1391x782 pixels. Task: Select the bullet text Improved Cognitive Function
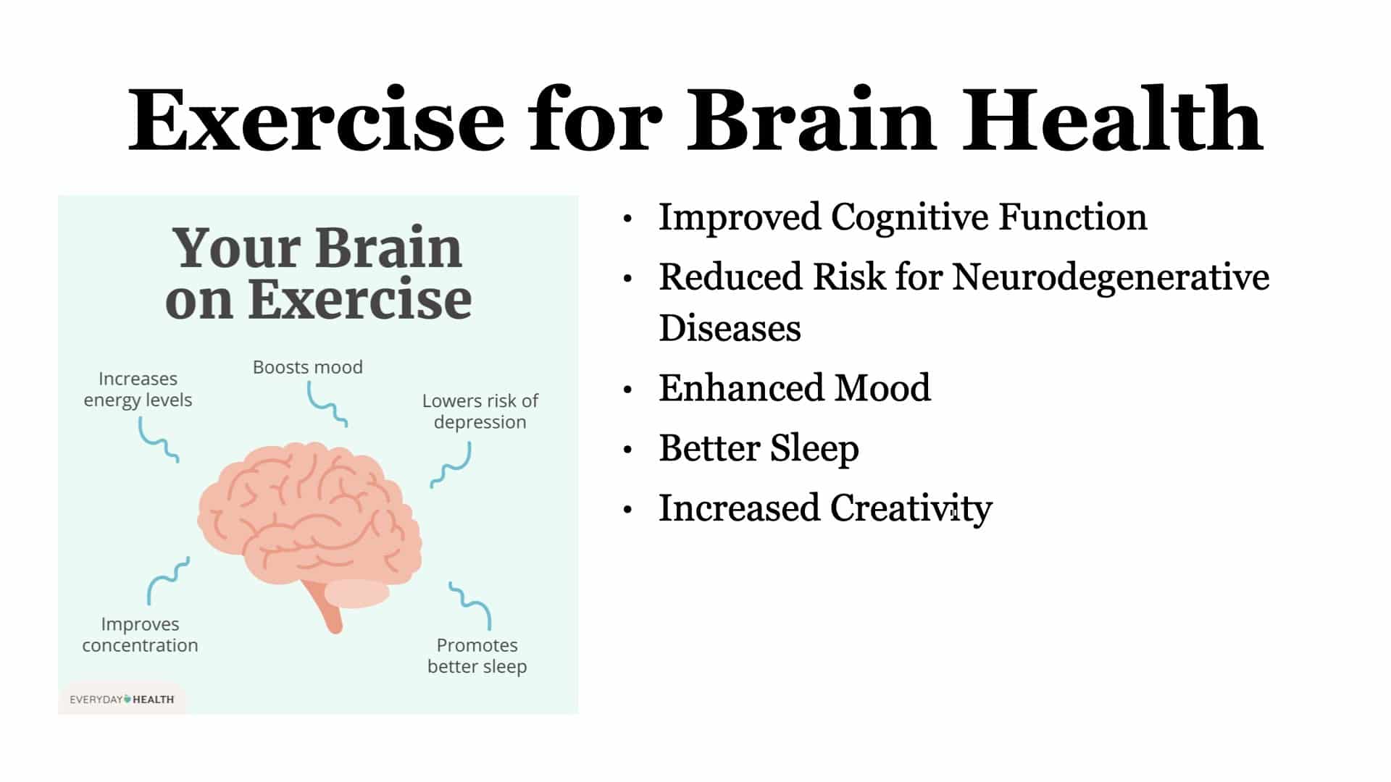903,217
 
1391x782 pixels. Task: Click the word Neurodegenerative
1111,277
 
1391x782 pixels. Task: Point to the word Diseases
730,328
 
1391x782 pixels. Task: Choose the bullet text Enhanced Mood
795,388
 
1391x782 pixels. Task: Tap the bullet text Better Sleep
759,448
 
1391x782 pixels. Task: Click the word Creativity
911,508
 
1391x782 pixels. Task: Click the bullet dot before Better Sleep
628,450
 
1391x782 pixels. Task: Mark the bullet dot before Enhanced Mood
628,390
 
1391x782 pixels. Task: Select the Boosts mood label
308,367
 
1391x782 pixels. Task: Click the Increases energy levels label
138,390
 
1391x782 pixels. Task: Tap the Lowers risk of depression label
480,411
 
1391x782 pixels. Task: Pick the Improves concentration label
140,634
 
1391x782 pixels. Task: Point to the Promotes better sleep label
477,656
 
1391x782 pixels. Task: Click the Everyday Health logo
122,699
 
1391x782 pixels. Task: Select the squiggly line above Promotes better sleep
470,605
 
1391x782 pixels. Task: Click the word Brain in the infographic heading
389,248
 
